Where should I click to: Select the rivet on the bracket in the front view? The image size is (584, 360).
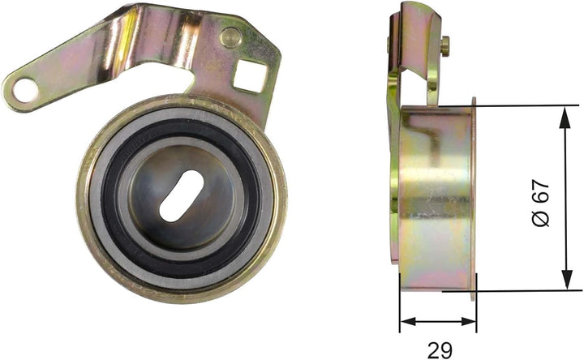point(230,36)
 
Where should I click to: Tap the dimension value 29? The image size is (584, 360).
point(439,350)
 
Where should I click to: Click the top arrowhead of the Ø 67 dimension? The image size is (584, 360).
point(563,113)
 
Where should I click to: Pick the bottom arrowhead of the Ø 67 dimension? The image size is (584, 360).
point(563,283)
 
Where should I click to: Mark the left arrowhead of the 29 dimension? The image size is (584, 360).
point(406,322)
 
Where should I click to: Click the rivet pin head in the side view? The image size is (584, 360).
point(444,45)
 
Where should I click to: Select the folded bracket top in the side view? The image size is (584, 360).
point(415,24)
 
